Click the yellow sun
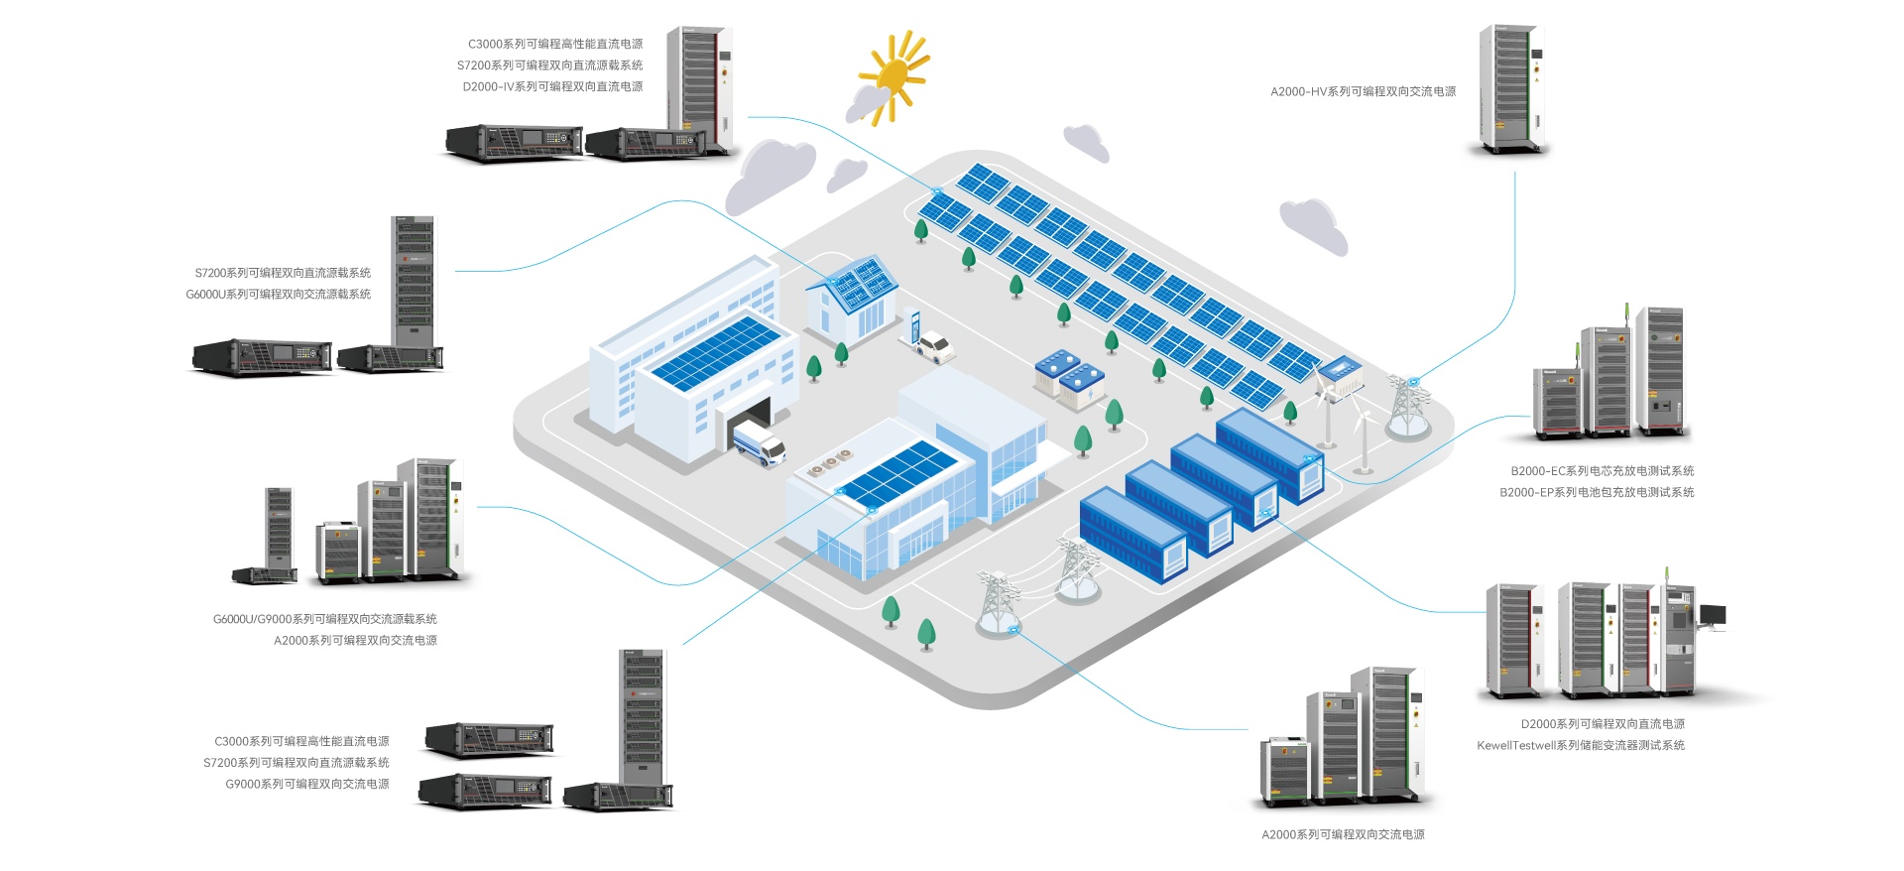point(894,73)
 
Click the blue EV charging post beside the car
point(915,326)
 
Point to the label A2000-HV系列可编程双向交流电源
point(1363,91)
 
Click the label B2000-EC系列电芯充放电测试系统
point(1602,471)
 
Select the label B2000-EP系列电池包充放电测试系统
point(1597,492)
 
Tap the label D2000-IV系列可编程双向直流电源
point(552,87)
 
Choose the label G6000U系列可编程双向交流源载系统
point(279,295)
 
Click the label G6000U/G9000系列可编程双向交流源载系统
point(324,619)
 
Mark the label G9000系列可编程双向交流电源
point(307,784)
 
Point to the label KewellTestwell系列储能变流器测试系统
point(1580,746)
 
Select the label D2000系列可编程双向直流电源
point(1603,724)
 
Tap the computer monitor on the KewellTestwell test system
point(1713,615)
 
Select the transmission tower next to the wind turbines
point(1407,407)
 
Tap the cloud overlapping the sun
point(869,101)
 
